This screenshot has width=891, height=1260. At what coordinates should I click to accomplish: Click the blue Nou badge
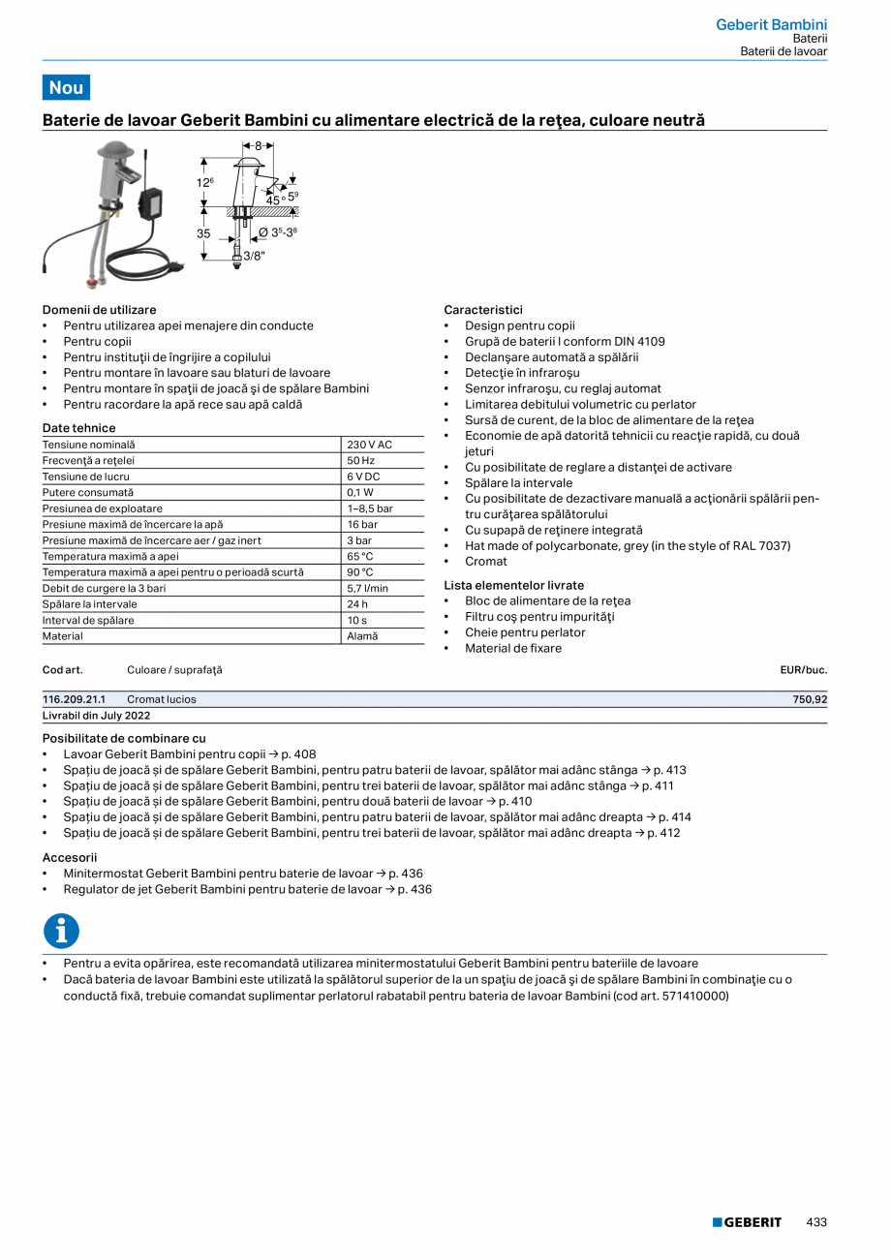66,87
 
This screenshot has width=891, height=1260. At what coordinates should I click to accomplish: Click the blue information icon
61,931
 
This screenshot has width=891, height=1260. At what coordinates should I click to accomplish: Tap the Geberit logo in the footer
747,1222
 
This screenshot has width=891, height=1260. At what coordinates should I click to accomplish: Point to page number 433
816,1222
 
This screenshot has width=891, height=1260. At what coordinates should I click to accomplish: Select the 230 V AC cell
369,445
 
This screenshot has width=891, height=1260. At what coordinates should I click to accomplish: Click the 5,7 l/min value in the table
367,588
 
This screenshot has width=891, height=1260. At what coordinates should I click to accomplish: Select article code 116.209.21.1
75,699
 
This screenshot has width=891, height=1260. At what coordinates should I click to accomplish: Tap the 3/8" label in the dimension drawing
254,257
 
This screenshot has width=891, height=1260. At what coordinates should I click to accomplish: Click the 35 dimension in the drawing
204,233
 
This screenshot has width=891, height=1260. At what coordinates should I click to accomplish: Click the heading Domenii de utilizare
99,310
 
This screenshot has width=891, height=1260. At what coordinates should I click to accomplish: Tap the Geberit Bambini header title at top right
771,24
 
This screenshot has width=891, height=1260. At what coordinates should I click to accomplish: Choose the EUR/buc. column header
803,670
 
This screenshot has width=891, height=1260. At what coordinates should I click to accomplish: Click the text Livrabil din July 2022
96,716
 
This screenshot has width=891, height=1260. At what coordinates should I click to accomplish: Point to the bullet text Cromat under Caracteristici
485,562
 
